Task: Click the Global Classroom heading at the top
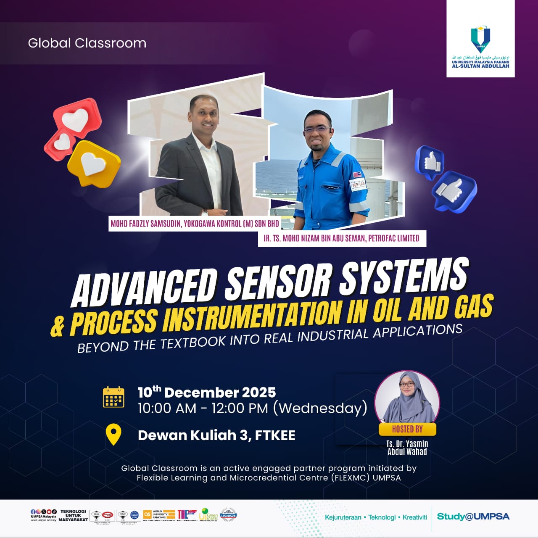[87, 43]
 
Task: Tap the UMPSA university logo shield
[480, 39]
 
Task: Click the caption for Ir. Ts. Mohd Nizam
[341, 238]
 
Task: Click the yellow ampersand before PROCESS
[58, 327]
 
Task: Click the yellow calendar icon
[113, 397]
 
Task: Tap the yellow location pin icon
[113, 435]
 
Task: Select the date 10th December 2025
[206, 393]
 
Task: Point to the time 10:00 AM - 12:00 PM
[203, 408]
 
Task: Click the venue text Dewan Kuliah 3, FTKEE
[216, 435]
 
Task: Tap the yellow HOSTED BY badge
[407, 429]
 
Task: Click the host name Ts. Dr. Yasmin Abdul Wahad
[407, 448]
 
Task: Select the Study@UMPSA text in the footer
[473, 517]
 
